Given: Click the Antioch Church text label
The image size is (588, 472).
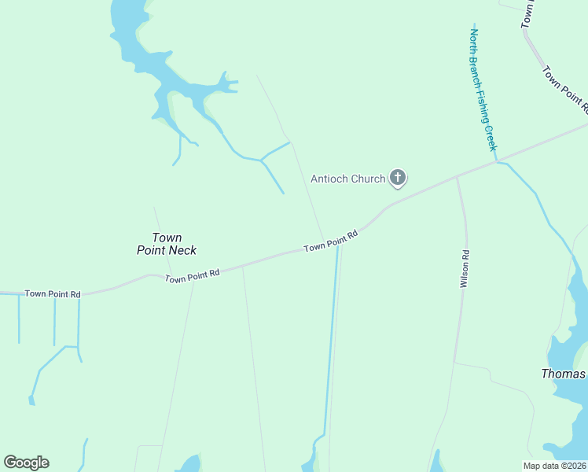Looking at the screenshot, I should (348, 179).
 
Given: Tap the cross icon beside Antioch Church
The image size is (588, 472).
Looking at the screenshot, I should (398, 178).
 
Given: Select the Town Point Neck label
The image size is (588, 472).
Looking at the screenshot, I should (167, 244).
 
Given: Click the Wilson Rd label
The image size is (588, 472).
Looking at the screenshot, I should (465, 268).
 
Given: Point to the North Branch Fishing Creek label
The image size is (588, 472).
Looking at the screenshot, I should (483, 90).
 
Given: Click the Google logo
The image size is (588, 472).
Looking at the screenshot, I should (26, 463).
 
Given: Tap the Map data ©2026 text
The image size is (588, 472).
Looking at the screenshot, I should (555, 466).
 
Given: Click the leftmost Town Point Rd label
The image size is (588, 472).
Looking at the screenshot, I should (53, 294).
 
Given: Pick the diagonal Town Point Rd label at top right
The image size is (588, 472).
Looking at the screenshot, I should (564, 87).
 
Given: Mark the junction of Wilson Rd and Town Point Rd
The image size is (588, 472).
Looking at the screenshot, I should (457, 177).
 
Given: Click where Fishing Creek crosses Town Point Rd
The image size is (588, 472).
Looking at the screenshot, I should (496, 161).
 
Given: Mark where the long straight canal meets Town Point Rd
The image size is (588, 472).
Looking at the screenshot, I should (338, 245).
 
